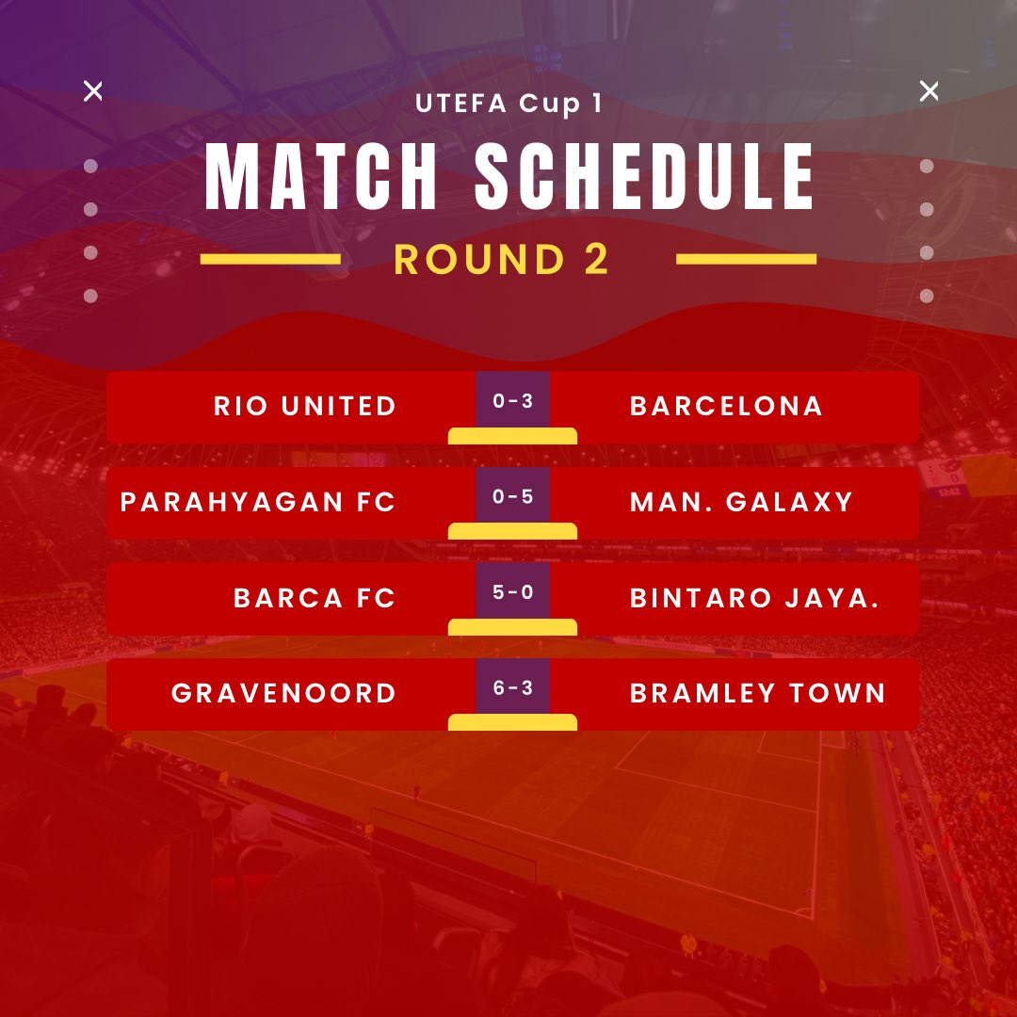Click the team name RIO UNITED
(305, 406)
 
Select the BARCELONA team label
(726, 406)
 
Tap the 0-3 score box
(512, 401)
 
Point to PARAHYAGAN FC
(258, 502)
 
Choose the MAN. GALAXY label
(741, 502)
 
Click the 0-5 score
(512, 496)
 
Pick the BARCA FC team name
(315, 598)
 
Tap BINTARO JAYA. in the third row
(754, 598)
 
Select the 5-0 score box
(512, 592)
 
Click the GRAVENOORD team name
(283, 694)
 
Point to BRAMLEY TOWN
(758, 694)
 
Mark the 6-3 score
(512, 688)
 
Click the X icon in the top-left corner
(93, 91)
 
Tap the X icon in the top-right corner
(928, 91)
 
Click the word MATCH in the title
(321, 178)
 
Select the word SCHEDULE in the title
(645, 178)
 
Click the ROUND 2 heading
(502, 260)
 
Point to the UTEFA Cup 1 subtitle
(508, 104)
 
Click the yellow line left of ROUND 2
(270, 259)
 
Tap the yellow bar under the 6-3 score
(512, 722)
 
